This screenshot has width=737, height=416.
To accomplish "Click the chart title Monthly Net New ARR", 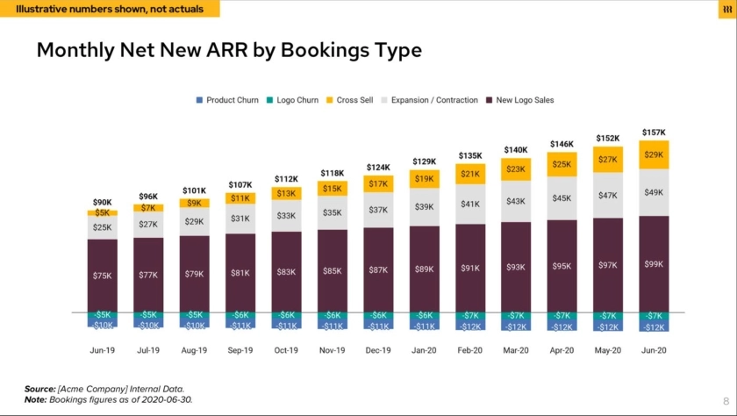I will (x=228, y=50).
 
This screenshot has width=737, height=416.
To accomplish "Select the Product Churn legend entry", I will (x=227, y=100).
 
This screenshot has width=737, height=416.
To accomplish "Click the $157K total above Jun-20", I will (x=654, y=133).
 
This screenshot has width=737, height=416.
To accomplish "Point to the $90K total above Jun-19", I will (x=102, y=202).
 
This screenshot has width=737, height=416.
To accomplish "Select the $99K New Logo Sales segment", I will (x=654, y=263).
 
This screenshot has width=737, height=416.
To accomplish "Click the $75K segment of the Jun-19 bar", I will (x=102, y=276).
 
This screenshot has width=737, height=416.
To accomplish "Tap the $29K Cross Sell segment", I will (x=654, y=154).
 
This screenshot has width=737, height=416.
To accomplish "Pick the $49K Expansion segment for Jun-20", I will (x=654, y=192).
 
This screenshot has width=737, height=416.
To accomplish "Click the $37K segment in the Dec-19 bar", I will (x=378, y=210).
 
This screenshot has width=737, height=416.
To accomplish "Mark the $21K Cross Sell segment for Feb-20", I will (x=470, y=174).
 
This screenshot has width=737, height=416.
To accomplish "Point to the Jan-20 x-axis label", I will (x=424, y=350).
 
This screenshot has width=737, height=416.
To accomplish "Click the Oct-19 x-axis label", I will (x=286, y=350).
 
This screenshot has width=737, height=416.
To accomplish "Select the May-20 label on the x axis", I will (x=608, y=350).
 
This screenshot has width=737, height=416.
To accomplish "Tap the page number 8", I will (x=726, y=398).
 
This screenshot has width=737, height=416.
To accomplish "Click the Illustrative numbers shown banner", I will (x=110, y=9).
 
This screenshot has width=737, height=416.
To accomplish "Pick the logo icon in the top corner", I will (x=726, y=9).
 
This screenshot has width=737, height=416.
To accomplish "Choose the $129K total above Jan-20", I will (x=424, y=161).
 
